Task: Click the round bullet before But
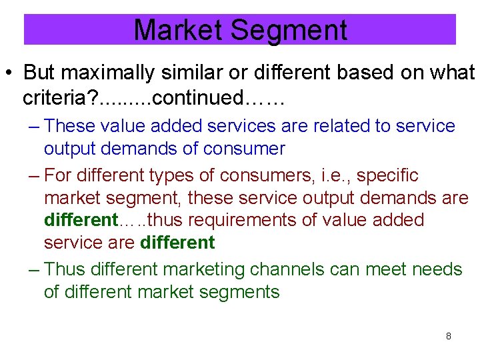pos(10,73)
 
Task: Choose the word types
pos(180,176)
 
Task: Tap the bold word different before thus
pos(80,220)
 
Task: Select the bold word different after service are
pos(177,243)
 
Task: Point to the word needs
pos(437,269)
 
